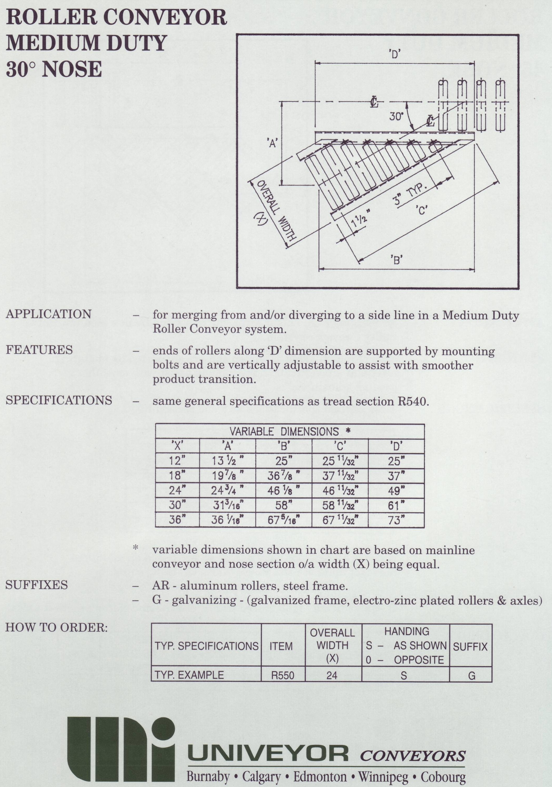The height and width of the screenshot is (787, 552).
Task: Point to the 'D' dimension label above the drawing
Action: pyautogui.click(x=395, y=54)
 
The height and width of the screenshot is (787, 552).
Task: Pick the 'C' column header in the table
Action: pyautogui.click(x=340, y=446)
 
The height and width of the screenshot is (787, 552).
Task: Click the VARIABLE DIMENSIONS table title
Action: pyautogui.click(x=290, y=431)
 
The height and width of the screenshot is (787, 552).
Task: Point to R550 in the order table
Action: pyautogui.click(x=283, y=675)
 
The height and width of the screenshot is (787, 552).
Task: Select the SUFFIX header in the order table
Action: pyautogui.click(x=470, y=647)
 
